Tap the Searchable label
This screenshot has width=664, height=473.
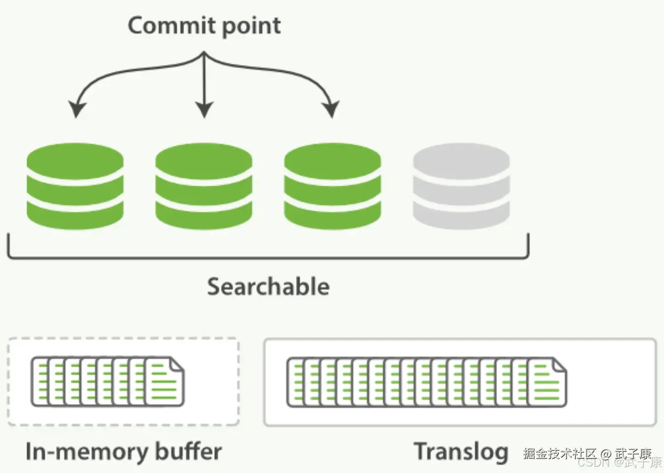point(268,286)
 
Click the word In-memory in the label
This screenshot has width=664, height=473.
point(87,451)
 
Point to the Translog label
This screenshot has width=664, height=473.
point(461,451)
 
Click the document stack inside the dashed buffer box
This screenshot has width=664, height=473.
point(107,382)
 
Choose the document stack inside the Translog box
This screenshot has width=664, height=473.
point(426,382)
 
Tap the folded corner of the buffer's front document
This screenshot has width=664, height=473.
point(176,366)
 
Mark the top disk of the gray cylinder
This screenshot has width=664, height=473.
point(461,161)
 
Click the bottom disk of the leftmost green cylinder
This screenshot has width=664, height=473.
point(75,216)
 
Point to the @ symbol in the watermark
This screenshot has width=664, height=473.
point(606,453)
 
